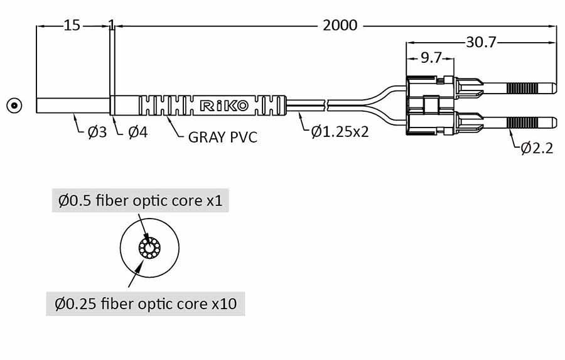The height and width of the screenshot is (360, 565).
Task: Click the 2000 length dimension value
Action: (x=340, y=26)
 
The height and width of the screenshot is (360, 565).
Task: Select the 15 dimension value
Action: (x=72, y=26)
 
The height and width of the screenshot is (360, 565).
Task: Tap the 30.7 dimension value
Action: (x=481, y=42)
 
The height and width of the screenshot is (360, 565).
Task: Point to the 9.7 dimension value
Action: (x=430, y=58)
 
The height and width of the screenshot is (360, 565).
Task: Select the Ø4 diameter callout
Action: (x=137, y=133)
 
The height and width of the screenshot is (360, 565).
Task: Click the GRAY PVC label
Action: (x=223, y=137)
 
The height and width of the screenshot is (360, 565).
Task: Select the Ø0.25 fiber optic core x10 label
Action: (x=146, y=304)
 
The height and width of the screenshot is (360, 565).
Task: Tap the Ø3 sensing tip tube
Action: (x=73, y=105)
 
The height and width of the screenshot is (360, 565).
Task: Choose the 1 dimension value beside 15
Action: (x=111, y=26)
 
